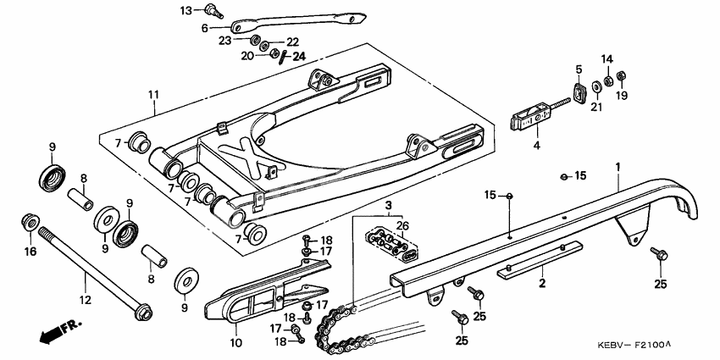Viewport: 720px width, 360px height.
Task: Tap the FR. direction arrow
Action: click(58, 330)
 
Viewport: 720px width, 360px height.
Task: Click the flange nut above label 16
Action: click(28, 223)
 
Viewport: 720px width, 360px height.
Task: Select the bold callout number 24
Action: click(297, 57)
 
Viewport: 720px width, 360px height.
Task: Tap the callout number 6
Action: click(204, 27)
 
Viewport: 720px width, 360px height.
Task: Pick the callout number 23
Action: click(224, 40)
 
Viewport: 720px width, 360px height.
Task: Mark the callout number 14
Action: click(606, 59)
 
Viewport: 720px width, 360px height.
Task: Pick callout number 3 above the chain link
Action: click(389, 206)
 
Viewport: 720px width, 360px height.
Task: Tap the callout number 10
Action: click(235, 343)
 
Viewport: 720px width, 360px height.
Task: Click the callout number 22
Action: click(292, 42)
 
